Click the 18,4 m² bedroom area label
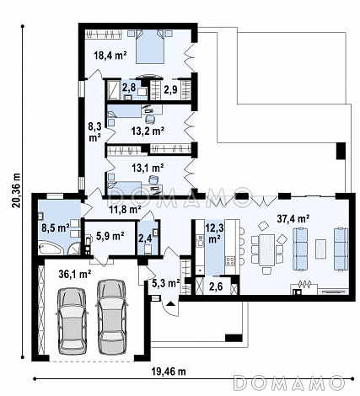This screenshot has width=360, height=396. (110, 55)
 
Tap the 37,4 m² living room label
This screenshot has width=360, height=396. (293, 218)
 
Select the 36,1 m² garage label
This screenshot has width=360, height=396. (75, 274)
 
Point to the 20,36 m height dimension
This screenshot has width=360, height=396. (17, 190)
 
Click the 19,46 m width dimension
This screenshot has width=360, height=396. (169, 372)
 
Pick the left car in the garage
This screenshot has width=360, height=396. (72, 318)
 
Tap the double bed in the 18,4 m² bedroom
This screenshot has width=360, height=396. (149, 46)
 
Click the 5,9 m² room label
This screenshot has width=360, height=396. (110, 236)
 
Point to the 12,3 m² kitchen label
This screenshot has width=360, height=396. (214, 233)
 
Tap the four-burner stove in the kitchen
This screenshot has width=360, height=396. (230, 261)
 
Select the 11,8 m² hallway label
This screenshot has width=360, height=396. (125, 210)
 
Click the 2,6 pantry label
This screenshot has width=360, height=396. (216, 286)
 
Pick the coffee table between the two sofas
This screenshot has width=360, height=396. (320, 249)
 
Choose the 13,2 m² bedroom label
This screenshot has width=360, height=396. (148, 131)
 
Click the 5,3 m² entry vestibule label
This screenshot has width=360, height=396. (166, 283)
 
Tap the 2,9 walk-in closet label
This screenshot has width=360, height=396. (170, 89)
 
